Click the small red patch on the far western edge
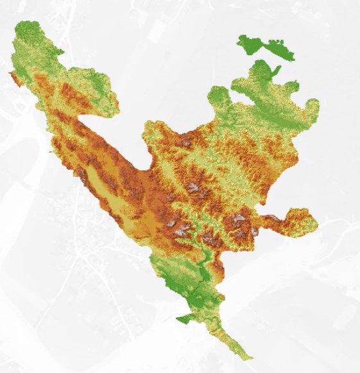pyautogui.click(x=13, y=78)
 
